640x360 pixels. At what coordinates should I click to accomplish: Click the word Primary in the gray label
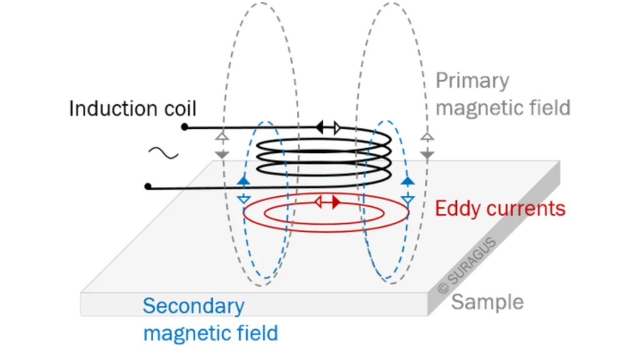[x=472, y=81]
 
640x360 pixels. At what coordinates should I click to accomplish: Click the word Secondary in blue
[x=193, y=307]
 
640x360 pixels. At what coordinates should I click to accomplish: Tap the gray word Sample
[x=487, y=302]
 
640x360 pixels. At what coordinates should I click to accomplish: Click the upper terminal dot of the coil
[x=184, y=127]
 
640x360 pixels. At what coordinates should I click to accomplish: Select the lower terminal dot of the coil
[x=148, y=186]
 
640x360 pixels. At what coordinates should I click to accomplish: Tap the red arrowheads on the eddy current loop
[x=327, y=202]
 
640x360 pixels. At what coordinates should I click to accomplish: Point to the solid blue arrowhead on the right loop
[x=407, y=181]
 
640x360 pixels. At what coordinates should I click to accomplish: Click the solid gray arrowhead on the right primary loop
[x=427, y=153]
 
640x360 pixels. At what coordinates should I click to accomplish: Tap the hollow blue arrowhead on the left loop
[x=244, y=199]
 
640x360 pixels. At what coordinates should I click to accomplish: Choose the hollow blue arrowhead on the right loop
[x=407, y=200]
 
